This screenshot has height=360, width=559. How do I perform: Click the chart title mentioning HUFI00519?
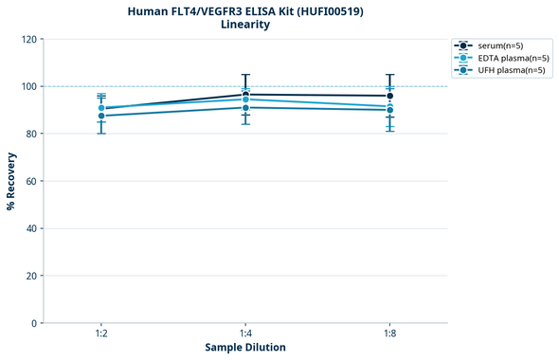tap(245, 10)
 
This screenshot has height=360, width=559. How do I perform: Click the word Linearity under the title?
tap(245, 25)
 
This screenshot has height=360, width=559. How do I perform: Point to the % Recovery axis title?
tap(11, 180)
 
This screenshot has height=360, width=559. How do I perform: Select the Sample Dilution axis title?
tap(245, 348)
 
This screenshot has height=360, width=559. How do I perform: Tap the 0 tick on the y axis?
tap(33, 323)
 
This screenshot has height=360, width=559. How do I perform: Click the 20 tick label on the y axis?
tap(30, 276)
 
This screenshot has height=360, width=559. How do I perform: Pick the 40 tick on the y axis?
tap(30, 228)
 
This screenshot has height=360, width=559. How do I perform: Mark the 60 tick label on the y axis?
tap(30, 181)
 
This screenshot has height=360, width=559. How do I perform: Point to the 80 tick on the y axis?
tap(30, 134)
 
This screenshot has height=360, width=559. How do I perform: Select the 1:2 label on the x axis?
tap(101, 334)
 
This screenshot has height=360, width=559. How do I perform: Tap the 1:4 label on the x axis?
tap(245, 334)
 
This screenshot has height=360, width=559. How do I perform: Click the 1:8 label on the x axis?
tap(389, 334)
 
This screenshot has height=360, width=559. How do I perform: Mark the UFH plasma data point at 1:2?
tap(101, 116)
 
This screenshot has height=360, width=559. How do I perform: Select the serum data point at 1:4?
tap(245, 95)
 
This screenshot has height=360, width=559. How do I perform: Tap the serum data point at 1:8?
tap(389, 96)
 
